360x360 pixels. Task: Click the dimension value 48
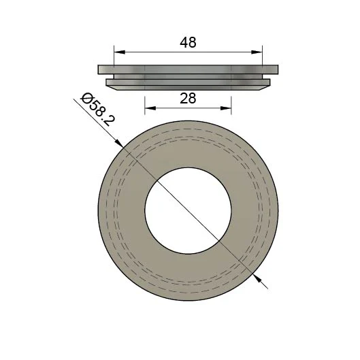tap(188, 42)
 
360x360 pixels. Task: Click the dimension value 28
tap(188, 98)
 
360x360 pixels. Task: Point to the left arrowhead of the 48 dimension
tap(118, 52)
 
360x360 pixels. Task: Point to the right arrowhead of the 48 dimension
tap(259, 52)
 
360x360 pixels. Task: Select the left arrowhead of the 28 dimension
tap(149, 108)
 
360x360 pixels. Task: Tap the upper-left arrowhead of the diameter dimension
tap(119, 142)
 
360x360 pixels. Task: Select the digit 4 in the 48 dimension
tap(184, 42)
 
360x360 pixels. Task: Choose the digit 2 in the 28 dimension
tap(184, 98)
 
